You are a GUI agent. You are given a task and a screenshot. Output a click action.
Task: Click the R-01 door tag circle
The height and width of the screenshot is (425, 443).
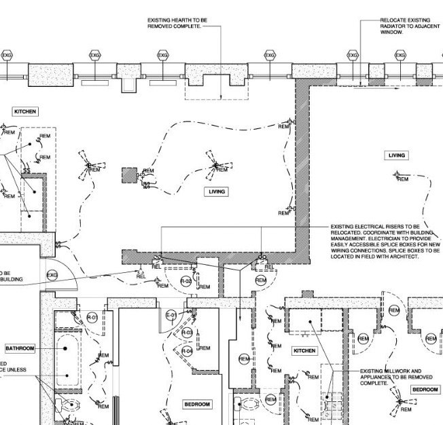point(93,318)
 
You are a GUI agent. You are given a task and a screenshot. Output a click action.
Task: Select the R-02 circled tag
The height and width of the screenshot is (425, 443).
point(185,280)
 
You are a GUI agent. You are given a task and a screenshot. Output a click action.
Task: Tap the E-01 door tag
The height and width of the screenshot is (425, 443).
point(171,316)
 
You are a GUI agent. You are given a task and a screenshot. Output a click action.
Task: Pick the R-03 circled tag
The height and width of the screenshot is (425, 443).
point(188,332)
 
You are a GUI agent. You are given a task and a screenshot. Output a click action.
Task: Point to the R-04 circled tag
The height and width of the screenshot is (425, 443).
point(188,350)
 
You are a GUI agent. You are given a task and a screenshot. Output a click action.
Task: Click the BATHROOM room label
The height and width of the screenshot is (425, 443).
point(20,348)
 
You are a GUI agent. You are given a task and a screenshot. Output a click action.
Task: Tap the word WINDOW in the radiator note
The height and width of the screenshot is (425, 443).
point(391,32)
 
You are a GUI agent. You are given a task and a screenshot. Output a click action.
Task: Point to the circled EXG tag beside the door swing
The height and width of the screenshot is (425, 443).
point(52,275)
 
